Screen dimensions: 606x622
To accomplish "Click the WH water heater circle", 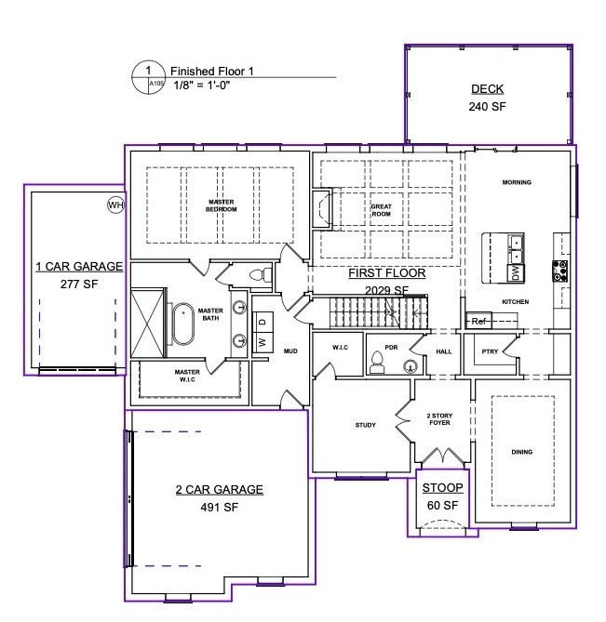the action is [x=116, y=205].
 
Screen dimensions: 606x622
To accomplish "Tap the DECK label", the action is [x=487, y=89].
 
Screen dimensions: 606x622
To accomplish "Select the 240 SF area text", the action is [x=487, y=107].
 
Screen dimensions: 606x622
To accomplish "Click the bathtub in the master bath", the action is [x=183, y=324].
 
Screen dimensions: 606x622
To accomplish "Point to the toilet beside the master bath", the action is [x=261, y=274].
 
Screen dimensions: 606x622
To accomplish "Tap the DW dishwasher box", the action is [x=516, y=272].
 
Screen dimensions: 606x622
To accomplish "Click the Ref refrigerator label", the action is [x=478, y=321].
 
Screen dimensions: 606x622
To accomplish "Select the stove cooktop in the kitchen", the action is [x=560, y=271].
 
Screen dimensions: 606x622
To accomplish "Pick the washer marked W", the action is [x=263, y=341].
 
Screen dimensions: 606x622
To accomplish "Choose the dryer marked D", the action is [x=263, y=322].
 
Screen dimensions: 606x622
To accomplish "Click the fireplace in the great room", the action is [x=322, y=209].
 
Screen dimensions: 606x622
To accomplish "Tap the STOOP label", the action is [x=442, y=487].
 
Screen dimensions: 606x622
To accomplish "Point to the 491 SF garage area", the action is [x=219, y=507].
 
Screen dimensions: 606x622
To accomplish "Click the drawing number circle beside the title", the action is [x=149, y=77].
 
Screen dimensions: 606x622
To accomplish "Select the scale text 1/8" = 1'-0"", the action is [x=202, y=85].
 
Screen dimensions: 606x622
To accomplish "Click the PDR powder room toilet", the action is [x=377, y=363].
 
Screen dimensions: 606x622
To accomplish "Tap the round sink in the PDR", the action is [x=411, y=366].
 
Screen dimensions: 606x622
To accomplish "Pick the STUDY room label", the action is [x=365, y=425].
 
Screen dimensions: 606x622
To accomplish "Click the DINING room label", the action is [x=522, y=452].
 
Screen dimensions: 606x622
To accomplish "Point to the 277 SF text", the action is [x=79, y=284].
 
